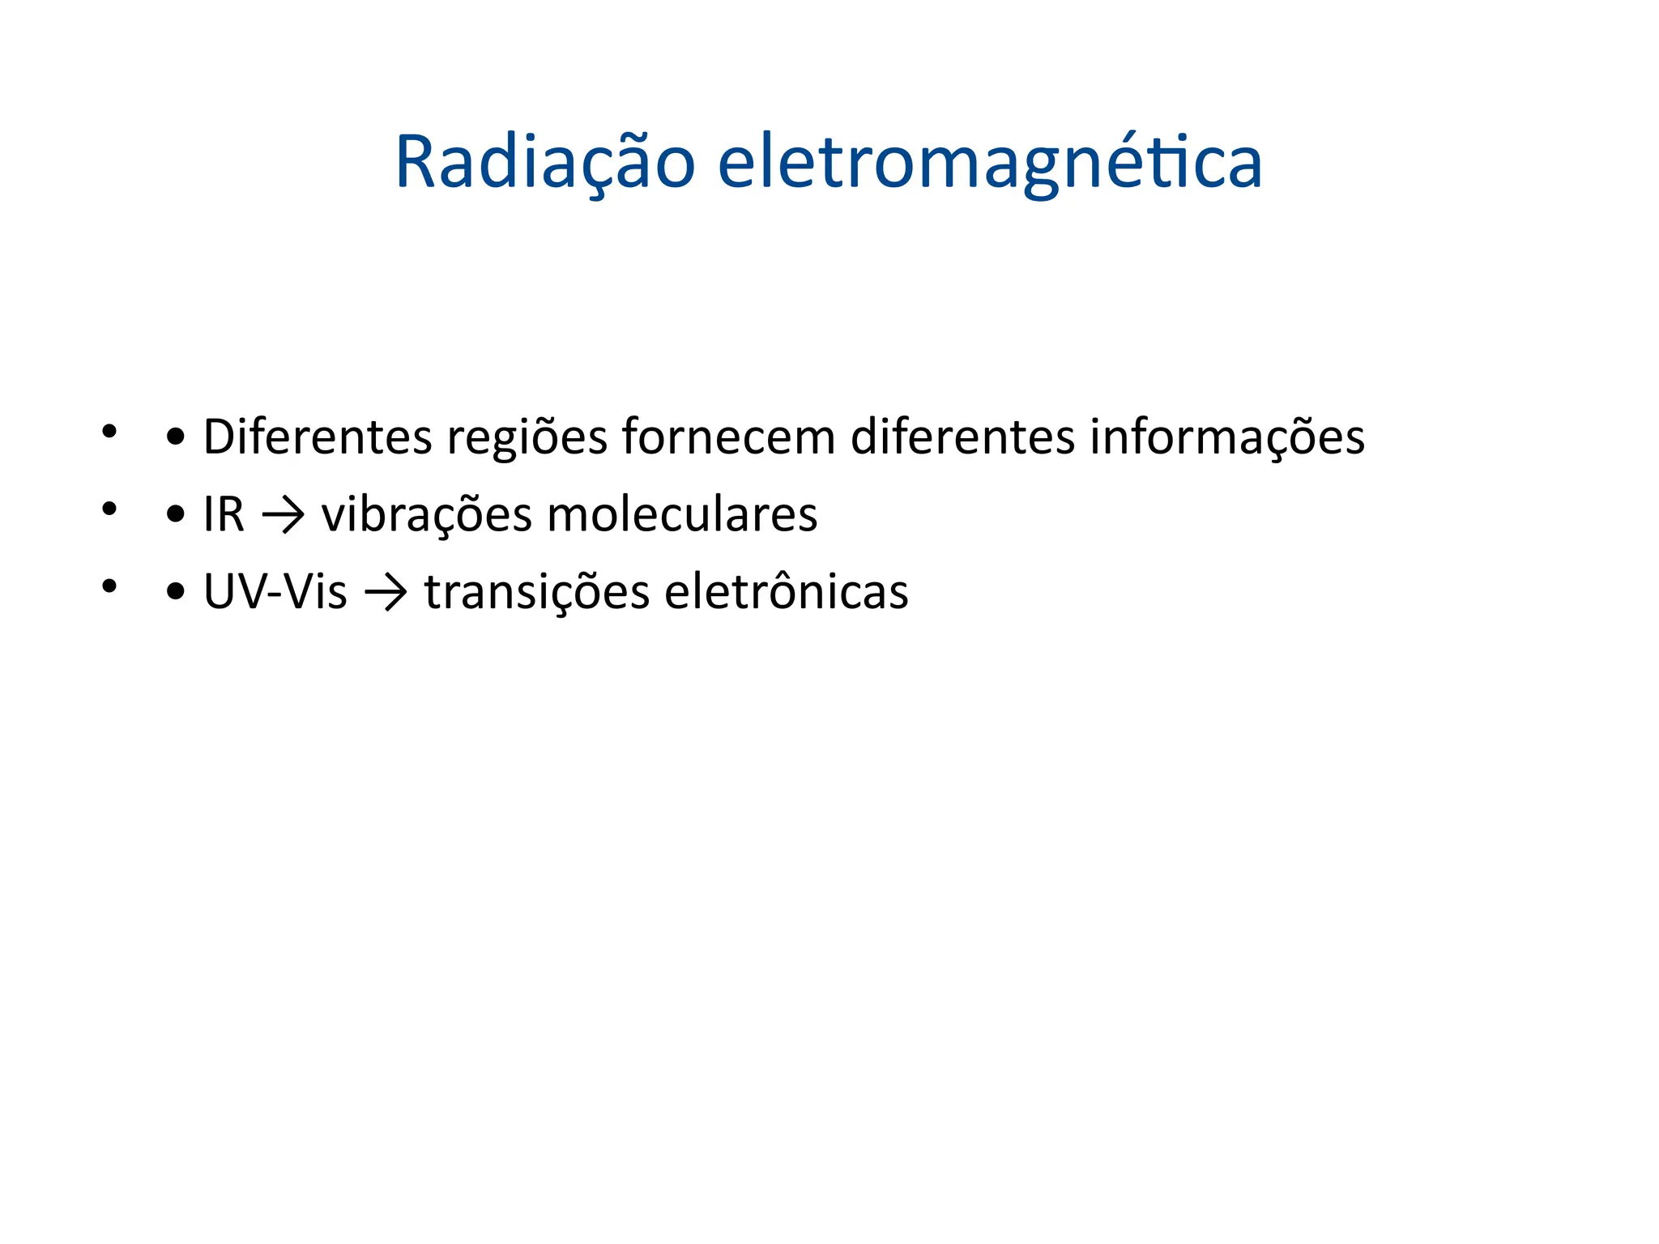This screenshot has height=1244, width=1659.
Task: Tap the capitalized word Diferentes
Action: [318, 437]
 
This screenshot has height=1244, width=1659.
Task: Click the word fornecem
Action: [728, 437]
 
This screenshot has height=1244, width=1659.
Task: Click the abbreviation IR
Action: [224, 515]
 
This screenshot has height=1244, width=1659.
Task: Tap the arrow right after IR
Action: [284, 516]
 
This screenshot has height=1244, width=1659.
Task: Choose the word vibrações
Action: [426, 516]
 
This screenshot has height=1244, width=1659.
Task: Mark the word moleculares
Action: [682, 515]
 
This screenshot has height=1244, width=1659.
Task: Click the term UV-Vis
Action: [275, 592]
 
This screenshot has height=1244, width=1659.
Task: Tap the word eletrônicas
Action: [786, 592]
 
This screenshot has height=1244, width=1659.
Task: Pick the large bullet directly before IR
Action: [175, 516]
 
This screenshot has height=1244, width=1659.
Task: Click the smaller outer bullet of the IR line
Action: [109, 509]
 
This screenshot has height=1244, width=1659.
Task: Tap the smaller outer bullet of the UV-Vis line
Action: [109, 586]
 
